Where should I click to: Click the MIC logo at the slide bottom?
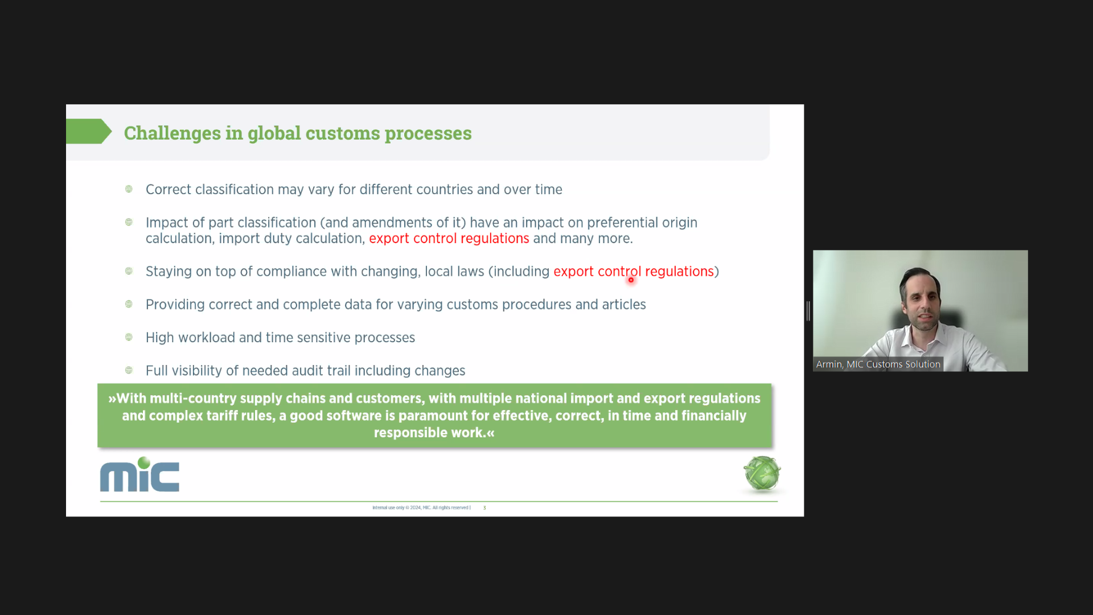[139, 474]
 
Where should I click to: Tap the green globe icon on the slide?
[762, 473]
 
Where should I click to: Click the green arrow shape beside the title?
[89, 132]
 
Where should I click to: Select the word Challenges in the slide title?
[172, 133]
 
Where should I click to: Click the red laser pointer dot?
[631, 280]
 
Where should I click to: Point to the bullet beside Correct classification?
[129, 189]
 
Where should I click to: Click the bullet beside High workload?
[129, 337]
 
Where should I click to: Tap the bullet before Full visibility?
[129, 370]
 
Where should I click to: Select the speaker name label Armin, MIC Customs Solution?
[878, 364]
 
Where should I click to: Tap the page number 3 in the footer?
[484, 507]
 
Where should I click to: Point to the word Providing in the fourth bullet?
[175, 305]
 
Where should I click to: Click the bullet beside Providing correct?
[129, 304]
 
